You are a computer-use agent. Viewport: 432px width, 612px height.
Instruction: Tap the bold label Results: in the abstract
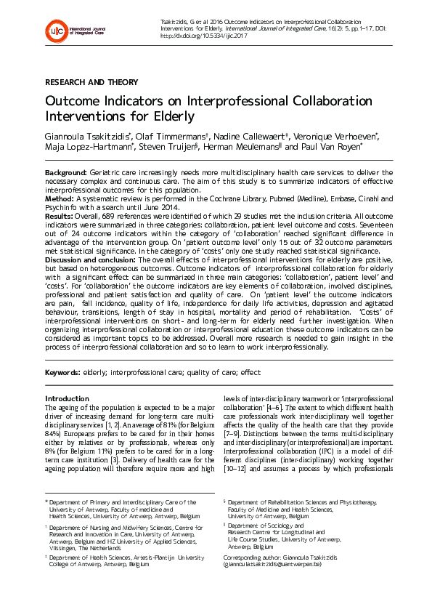(x=60, y=216)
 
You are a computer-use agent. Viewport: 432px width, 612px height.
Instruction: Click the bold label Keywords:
(x=62, y=372)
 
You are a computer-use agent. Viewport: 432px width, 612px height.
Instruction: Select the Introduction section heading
(x=67, y=398)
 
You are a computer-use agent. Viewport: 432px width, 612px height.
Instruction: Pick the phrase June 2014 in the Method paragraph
(x=163, y=207)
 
